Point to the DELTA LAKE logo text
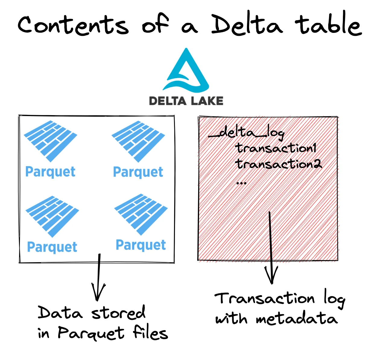pos(186,101)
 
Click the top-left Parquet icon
pos(50,140)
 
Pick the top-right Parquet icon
pos(138,140)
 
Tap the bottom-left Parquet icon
pos(52,216)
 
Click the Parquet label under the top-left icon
pos(50,172)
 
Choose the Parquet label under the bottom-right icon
pos(141,245)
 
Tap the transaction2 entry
pos(278,164)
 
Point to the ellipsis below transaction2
pos(242,183)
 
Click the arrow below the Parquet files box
pos(98,277)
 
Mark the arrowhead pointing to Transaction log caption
pos(271,276)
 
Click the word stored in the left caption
pos(119,313)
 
